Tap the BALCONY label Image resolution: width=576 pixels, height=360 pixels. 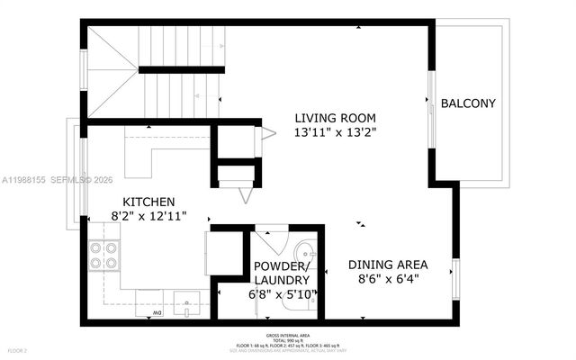coord(468,104)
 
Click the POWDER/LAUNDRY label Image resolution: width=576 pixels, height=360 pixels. coord(283,274)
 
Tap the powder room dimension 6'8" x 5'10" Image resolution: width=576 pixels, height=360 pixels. coord(283,294)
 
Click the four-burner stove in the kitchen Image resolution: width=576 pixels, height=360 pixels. coord(103,256)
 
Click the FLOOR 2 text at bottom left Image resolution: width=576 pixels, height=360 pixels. coord(18,349)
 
